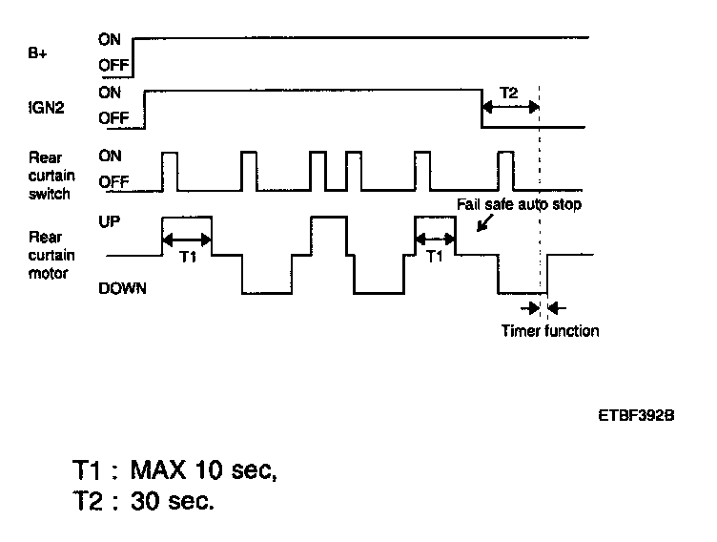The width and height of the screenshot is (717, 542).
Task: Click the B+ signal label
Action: pos(37,54)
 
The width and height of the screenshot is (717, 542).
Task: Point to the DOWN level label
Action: pos(122,288)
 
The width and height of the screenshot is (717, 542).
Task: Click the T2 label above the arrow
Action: pos(509,93)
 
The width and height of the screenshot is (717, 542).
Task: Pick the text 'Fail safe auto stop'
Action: pos(518,204)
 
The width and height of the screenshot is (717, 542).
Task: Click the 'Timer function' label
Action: pos(550,331)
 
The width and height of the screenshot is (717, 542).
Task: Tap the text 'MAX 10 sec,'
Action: pos(203,469)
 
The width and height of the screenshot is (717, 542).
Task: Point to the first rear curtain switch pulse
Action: pos(170,169)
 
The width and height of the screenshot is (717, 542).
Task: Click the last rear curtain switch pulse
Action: pos(506,169)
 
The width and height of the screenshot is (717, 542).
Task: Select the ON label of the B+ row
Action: pos(110,40)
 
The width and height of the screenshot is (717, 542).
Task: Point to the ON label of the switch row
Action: pos(110,156)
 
